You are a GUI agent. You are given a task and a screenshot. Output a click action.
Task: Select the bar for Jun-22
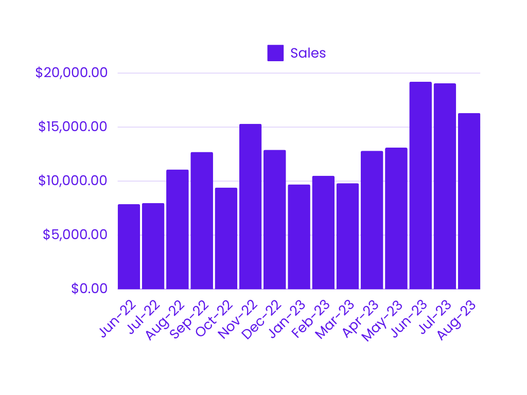click(x=129, y=247)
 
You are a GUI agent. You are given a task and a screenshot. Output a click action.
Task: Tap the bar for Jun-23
click(x=420, y=186)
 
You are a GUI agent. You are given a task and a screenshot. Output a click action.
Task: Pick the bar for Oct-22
click(x=226, y=239)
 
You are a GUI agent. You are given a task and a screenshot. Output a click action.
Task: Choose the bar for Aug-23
click(x=469, y=201)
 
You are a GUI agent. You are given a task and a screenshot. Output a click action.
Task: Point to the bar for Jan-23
click(x=299, y=237)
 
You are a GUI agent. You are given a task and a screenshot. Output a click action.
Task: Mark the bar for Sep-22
click(x=202, y=221)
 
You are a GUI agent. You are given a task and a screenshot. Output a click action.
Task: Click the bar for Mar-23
click(x=347, y=236)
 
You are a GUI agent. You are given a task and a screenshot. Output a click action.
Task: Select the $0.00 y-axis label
click(x=90, y=289)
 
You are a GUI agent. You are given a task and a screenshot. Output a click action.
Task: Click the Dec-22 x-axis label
click(x=262, y=319)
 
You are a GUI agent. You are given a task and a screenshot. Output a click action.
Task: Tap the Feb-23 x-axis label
click(x=311, y=319)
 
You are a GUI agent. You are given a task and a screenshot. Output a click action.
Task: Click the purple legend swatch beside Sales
click(x=275, y=53)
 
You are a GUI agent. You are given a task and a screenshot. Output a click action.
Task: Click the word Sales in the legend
click(x=308, y=53)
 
